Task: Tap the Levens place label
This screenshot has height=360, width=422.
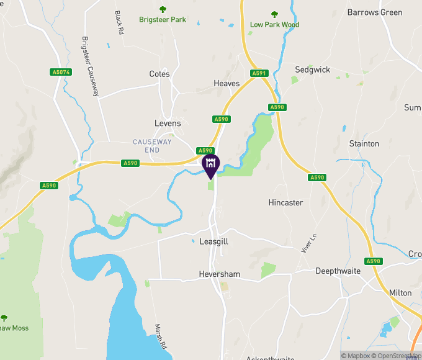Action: coord(168,124)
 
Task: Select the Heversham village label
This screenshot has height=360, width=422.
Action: coord(220,274)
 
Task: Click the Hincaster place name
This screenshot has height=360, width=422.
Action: coord(285,203)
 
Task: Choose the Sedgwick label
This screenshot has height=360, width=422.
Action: coord(313,70)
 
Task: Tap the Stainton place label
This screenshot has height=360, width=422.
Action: coord(364,144)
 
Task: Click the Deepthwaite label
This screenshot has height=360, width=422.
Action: coord(339,271)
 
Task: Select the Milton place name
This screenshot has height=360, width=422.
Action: coord(400,293)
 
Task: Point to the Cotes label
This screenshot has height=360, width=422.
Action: coord(159,74)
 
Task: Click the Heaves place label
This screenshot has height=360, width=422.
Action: coord(226,83)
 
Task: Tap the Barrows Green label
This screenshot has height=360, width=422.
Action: coord(375,12)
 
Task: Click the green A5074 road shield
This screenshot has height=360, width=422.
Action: coord(61,73)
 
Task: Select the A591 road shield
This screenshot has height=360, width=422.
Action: coord(259,73)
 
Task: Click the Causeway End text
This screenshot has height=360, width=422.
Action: coord(152,146)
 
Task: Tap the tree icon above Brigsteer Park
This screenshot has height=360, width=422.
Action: coord(163,9)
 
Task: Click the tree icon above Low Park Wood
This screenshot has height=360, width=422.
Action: coord(274,14)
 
